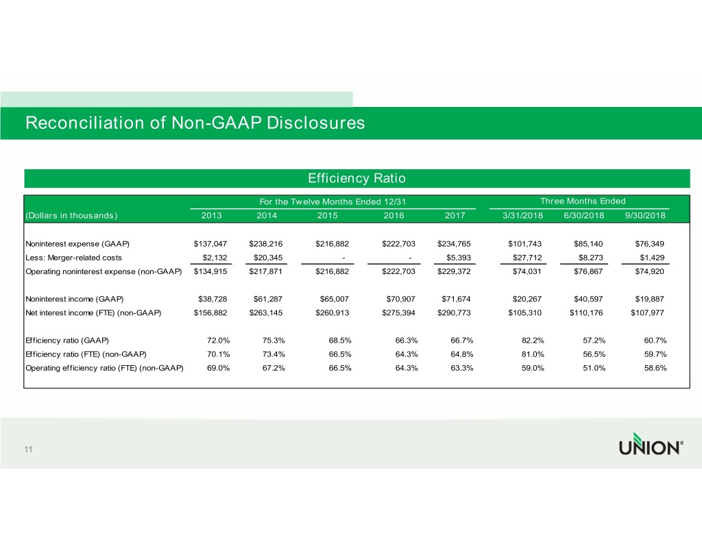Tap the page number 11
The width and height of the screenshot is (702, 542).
[29, 449]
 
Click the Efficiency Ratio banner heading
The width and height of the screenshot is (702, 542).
[356, 178]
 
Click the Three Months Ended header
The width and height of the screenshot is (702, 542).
[583, 201]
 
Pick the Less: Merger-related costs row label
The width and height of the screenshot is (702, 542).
[73, 258]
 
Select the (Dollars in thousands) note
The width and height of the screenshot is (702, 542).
[71, 216]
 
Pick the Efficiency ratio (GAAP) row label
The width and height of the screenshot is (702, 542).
[66, 341]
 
